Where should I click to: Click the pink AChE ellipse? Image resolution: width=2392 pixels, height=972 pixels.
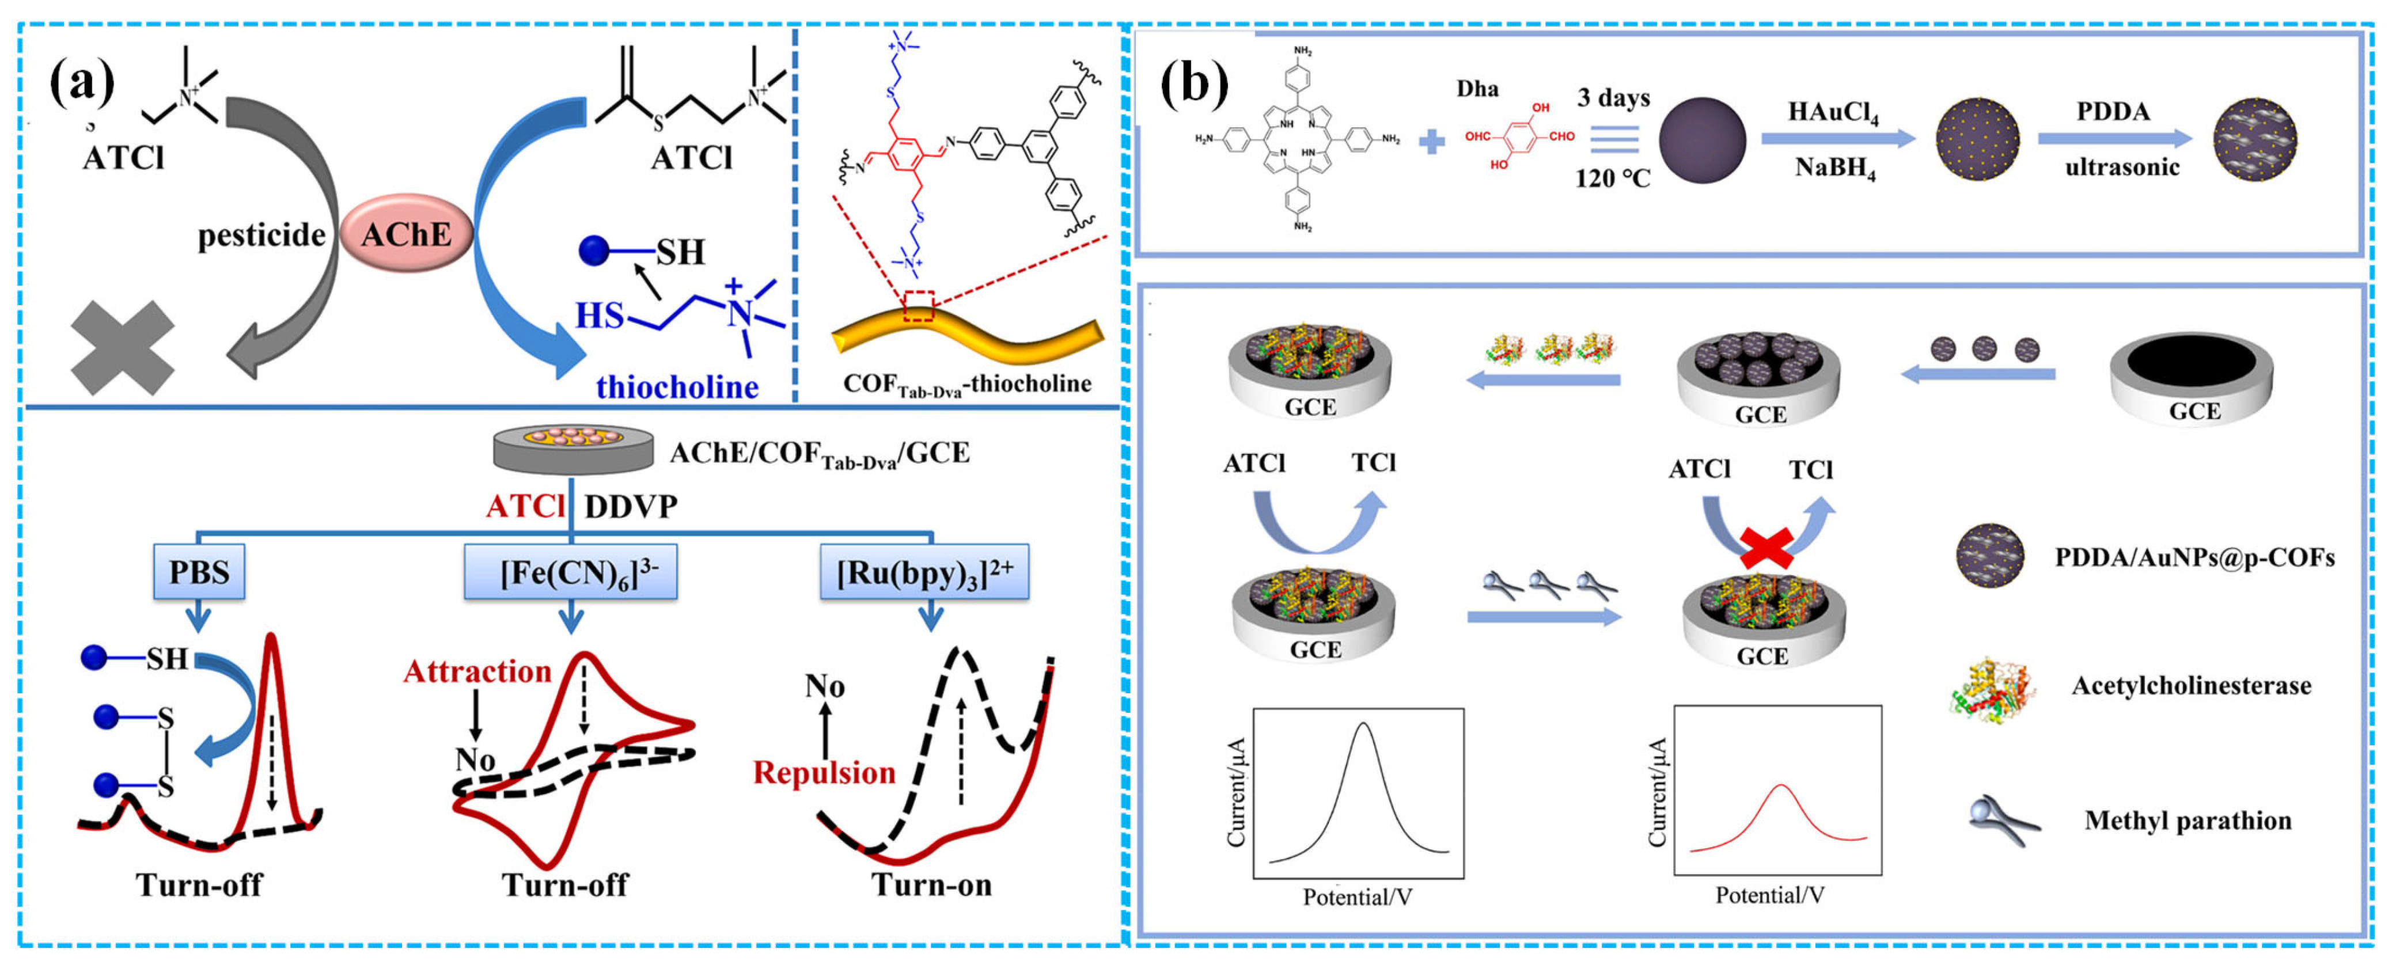pos(406,234)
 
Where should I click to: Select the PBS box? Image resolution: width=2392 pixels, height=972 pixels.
pos(199,572)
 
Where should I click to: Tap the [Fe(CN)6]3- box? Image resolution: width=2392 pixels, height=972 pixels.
pos(570,572)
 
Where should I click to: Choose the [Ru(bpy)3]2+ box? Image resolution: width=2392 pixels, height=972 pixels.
pos(925,572)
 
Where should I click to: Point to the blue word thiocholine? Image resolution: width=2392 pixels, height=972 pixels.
pos(677,386)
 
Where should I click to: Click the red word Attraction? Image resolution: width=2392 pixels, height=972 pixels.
pos(477,671)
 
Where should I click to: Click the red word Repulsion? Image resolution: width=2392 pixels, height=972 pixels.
pos(824,772)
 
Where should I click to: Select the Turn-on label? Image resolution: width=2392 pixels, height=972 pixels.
pos(931,884)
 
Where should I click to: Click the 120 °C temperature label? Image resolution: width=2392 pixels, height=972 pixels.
pos(1612,179)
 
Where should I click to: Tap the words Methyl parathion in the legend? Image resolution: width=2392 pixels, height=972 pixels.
pos(2188,821)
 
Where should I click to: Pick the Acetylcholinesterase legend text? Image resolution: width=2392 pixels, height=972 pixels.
pos(2192,686)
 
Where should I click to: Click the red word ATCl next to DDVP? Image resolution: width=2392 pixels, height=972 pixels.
pos(525,506)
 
